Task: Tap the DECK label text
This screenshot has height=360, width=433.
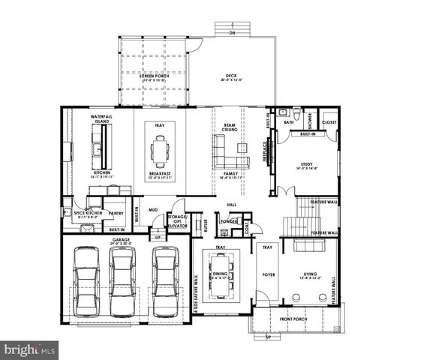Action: tap(231, 76)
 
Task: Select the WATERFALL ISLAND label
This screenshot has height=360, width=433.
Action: tap(101, 120)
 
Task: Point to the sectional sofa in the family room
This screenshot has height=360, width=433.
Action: tap(232, 160)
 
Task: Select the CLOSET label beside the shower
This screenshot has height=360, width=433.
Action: tap(329, 121)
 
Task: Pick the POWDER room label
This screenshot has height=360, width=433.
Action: tap(229, 221)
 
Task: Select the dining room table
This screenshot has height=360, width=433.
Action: tap(220, 274)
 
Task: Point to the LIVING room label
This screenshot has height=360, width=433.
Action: tap(311, 274)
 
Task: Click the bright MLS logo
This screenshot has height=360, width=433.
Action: tap(30, 349)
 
